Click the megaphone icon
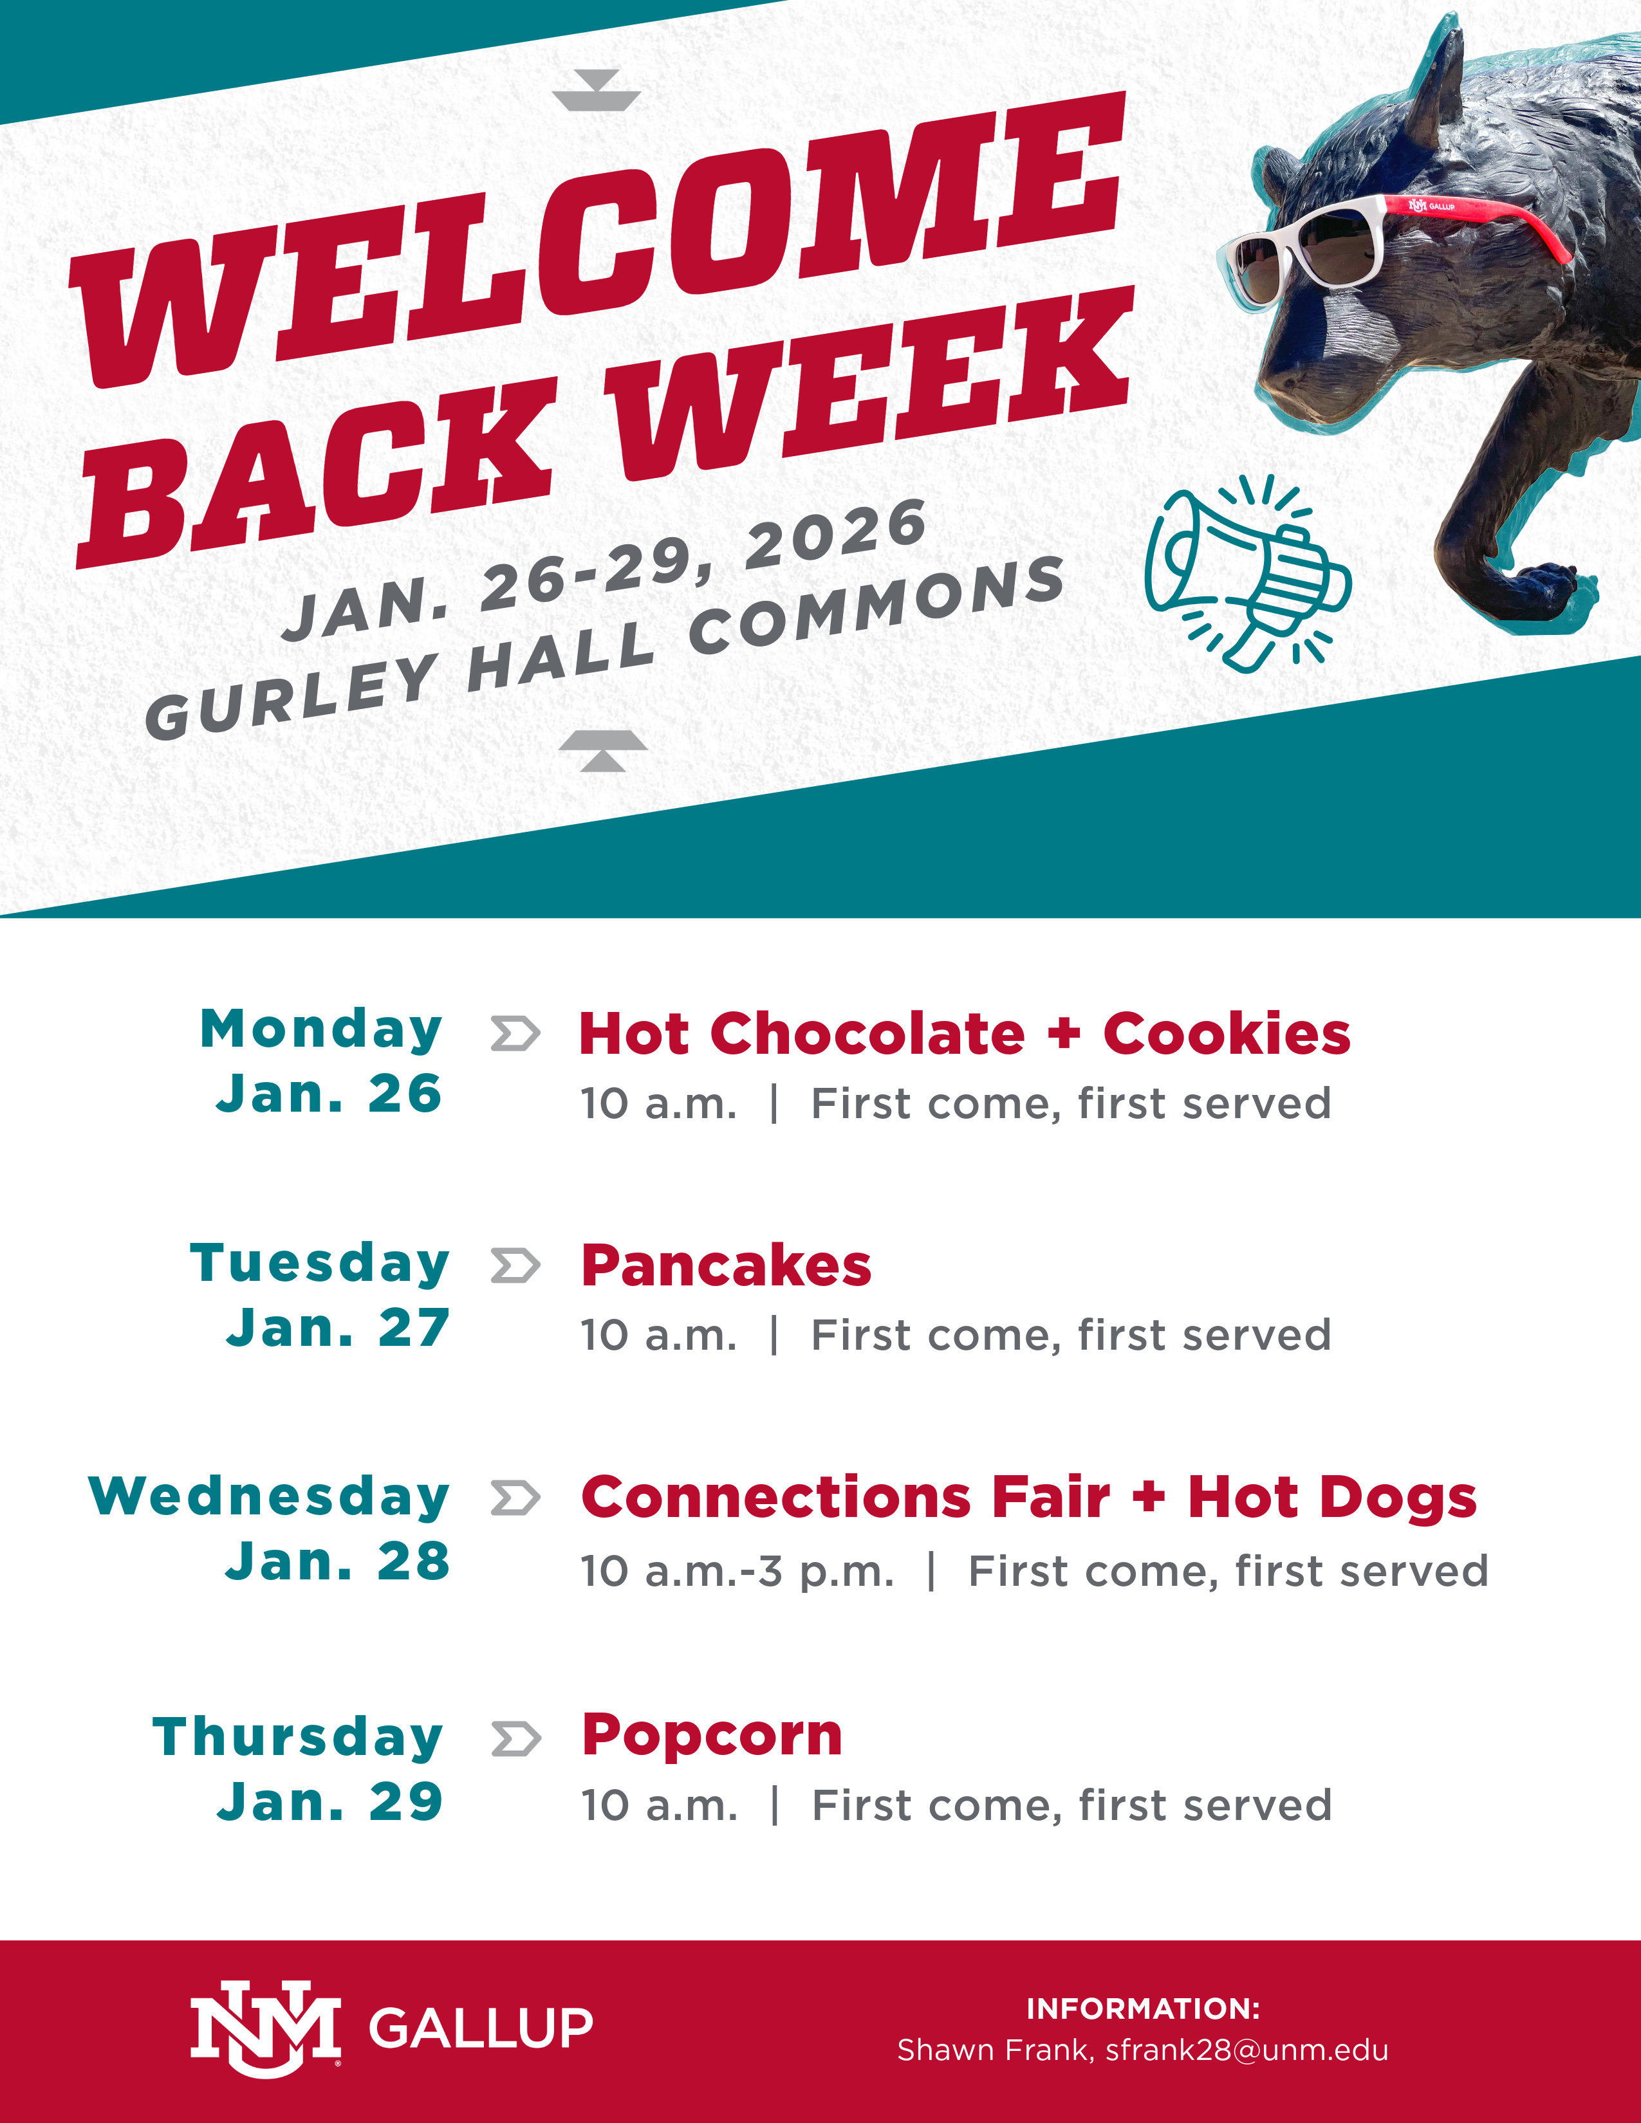coord(1247,573)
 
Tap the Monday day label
coord(321,1029)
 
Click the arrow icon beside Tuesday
coord(515,1265)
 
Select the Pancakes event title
coord(726,1265)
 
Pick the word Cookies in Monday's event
coord(1227,1033)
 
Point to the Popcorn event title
coord(712,1736)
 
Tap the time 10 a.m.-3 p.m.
coord(737,1571)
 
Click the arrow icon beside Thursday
coord(515,1739)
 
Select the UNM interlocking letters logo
coord(264,2028)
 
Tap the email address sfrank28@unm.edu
coord(1247,2050)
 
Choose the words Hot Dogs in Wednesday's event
coord(1332,1498)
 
